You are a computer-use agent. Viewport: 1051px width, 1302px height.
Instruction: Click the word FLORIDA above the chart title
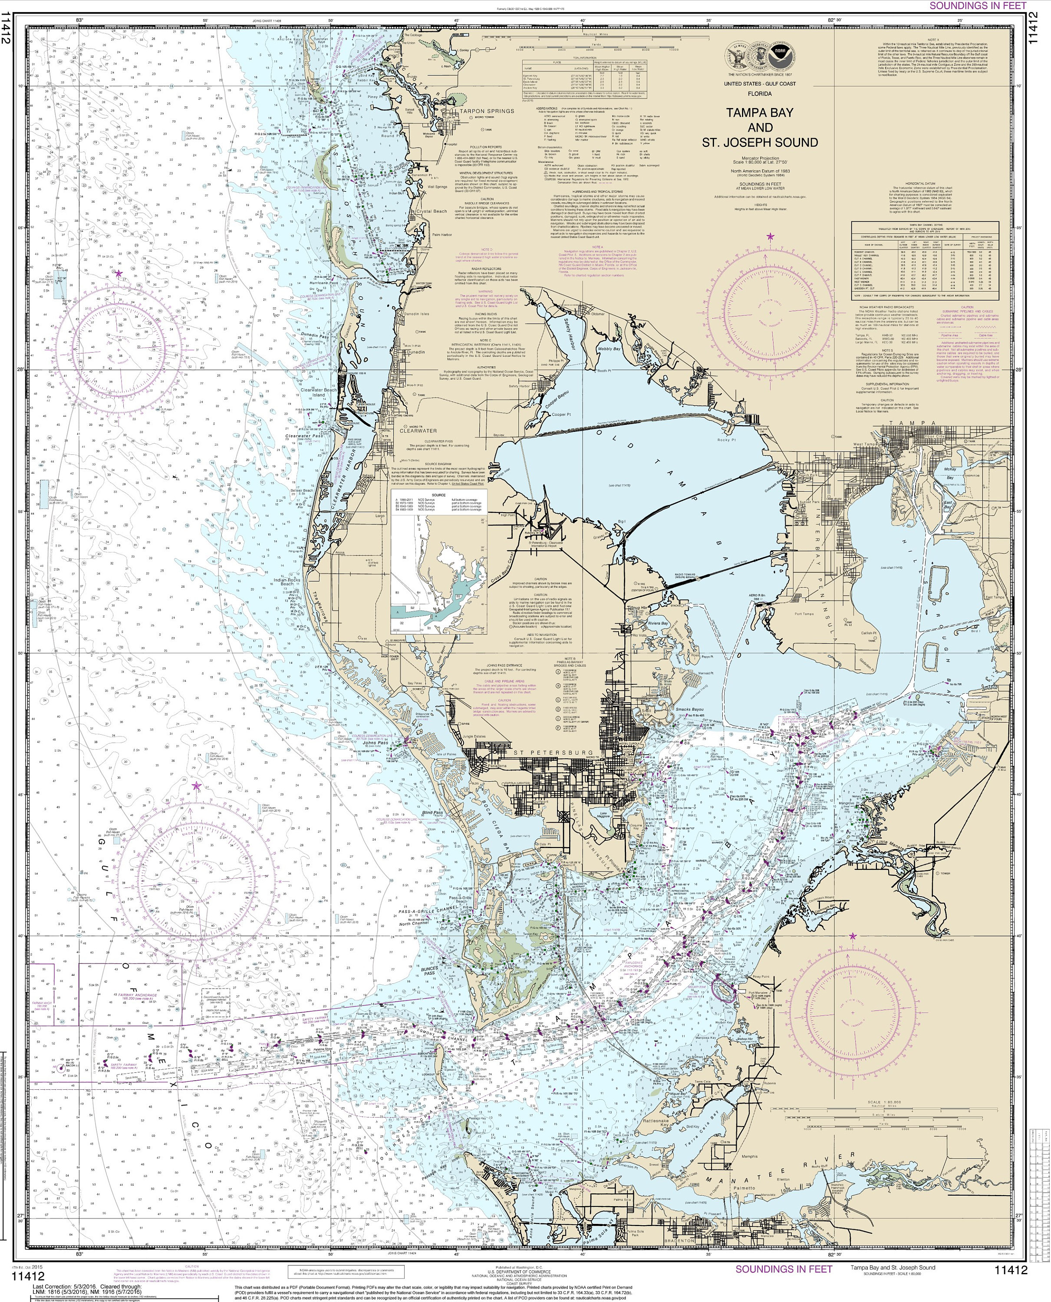click(x=759, y=94)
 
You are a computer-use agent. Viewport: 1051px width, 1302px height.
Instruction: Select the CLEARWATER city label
click(x=418, y=431)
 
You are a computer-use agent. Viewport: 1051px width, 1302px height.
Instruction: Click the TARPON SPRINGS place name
click(x=486, y=111)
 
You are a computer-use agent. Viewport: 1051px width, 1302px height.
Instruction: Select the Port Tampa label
click(x=804, y=613)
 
